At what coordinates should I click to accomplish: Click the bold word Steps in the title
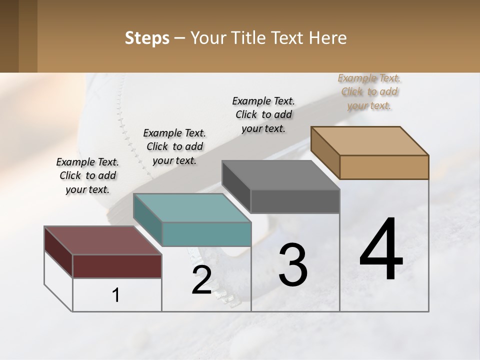click(x=147, y=38)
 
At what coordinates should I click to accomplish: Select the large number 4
click(x=381, y=249)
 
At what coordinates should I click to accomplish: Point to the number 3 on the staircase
click(x=293, y=265)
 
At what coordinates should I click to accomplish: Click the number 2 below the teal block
click(x=201, y=279)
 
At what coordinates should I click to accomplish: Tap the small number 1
click(x=116, y=295)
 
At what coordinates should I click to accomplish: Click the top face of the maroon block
click(x=102, y=240)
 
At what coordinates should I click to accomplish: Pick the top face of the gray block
click(x=280, y=175)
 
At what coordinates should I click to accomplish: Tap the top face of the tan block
click(x=369, y=140)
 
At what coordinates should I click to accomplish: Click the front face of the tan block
click(x=384, y=167)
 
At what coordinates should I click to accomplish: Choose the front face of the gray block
click(x=295, y=201)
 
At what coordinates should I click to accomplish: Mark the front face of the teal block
click(x=206, y=234)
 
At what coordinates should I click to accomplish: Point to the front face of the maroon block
click(x=117, y=266)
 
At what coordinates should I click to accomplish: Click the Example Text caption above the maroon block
click(x=87, y=175)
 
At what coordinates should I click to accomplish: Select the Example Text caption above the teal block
click(x=174, y=146)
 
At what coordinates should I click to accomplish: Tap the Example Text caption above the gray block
click(x=263, y=114)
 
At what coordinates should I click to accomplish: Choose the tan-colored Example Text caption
click(x=369, y=91)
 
